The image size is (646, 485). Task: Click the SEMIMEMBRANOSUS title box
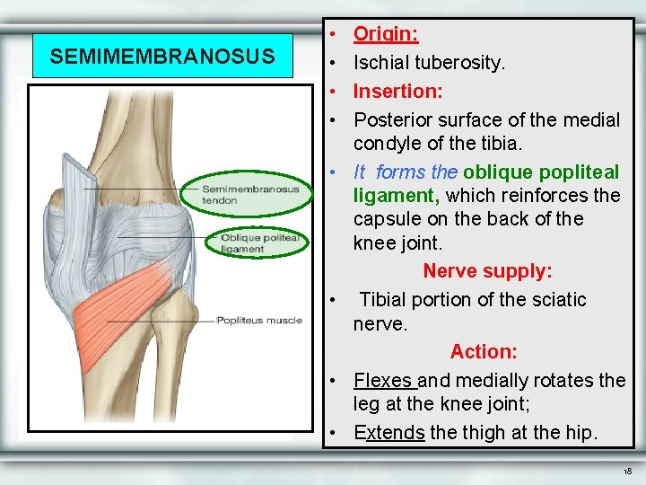[162, 57]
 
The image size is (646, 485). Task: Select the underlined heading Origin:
[386, 34]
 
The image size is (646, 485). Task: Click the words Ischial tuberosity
[429, 63]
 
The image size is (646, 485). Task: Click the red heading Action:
[483, 351]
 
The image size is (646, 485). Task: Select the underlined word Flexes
[382, 380]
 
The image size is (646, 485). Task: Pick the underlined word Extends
[389, 432]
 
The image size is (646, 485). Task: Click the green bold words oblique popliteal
[541, 172]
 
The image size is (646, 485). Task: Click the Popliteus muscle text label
[258, 320]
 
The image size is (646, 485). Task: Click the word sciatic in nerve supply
[558, 299]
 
